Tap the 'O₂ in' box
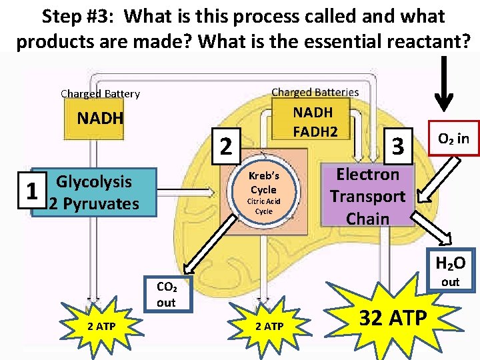coord(453,139)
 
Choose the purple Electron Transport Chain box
coord(368,195)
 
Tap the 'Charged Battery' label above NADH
coord(100,94)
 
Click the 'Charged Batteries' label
coord(315,92)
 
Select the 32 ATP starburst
coord(391,317)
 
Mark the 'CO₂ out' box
coord(166,295)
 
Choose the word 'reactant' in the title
coord(423,42)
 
